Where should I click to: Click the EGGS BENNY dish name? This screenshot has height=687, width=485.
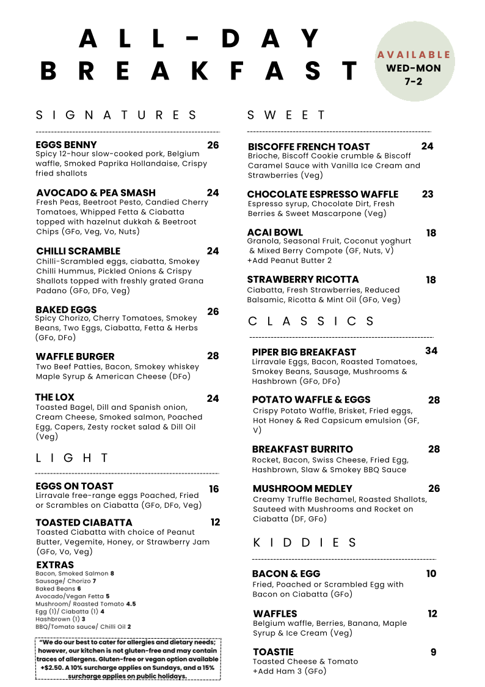pos(67,145)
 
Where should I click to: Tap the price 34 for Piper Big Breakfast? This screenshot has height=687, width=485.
pos(431,351)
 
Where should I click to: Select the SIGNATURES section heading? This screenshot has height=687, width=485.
pos(117,115)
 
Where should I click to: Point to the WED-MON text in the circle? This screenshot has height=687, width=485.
pos(414,68)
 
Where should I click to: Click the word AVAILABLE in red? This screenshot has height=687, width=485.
pos(414,55)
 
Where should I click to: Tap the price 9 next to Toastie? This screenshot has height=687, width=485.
pos(433,652)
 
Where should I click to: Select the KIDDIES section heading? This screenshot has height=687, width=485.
pos(305,543)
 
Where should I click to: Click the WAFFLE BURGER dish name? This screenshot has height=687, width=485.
pos(75,356)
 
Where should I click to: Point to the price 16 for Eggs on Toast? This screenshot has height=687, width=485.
pos(214,489)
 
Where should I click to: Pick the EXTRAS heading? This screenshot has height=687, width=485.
pos(55,565)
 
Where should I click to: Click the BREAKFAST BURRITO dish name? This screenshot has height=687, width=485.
pos(302,449)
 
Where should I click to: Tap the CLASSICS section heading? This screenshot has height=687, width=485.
pos(312,321)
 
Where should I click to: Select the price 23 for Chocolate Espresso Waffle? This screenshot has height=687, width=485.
pos(428,194)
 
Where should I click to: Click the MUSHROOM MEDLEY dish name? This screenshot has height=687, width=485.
pos(302,488)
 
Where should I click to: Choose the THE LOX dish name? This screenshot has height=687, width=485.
pos(55,398)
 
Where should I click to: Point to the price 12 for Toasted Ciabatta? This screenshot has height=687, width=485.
pos(215,522)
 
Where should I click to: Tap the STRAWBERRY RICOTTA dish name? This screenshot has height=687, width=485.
pos(303,280)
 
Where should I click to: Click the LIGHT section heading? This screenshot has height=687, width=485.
pos(72,458)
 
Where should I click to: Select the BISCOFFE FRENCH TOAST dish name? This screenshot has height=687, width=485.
pos(309,147)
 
